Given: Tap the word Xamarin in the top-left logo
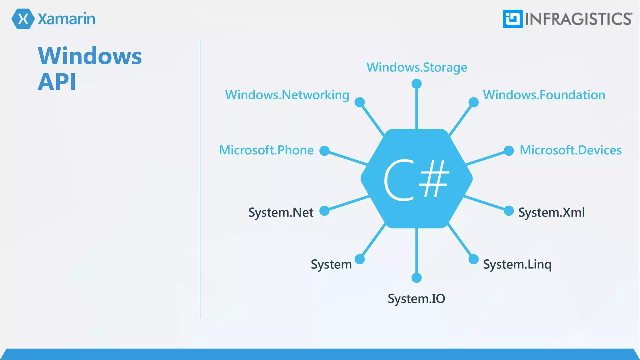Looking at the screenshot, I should click(66, 19).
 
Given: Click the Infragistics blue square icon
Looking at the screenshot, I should click(512, 19).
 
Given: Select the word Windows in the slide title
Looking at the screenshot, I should click(90, 56).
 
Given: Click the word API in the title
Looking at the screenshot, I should click(57, 82).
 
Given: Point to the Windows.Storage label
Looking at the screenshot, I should click(417, 67).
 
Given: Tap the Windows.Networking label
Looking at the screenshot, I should click(287, 95).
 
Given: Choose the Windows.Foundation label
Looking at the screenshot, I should click(544, 95).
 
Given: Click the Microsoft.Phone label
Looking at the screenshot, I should click(266, 150).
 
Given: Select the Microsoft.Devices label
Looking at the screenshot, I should click(570, 150).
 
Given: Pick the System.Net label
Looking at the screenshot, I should click(281, 212).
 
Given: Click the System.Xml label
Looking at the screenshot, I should click(551, 212).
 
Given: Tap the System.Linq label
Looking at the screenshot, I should click(517, 265).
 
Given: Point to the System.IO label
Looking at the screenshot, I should click(416, 299).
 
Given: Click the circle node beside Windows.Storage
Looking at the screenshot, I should click(417, 84).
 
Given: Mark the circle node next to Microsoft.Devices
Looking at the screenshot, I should click(509, 151).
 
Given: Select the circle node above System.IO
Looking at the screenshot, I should click(417, 277).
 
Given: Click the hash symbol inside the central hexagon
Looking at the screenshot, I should click(434, 179).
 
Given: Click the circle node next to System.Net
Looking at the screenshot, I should click(325, 211).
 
